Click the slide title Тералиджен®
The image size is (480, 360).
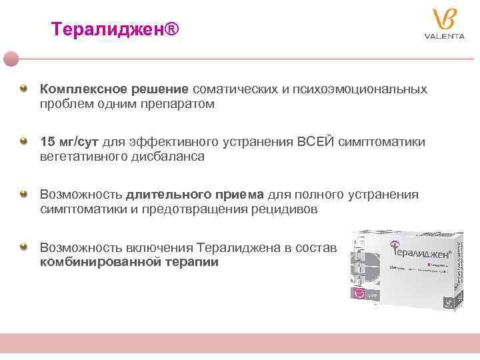[x=115, y=29]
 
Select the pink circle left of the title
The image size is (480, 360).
[x=11, y=59]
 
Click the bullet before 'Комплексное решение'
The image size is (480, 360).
[x=23, y=88]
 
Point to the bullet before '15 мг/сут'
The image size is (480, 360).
[x=23, y=141]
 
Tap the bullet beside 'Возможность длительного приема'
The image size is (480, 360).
[x=23, y=193]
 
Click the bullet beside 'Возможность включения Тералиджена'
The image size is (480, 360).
[x=23, y=246]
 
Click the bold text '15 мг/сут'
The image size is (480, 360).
[x=69, y=142]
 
